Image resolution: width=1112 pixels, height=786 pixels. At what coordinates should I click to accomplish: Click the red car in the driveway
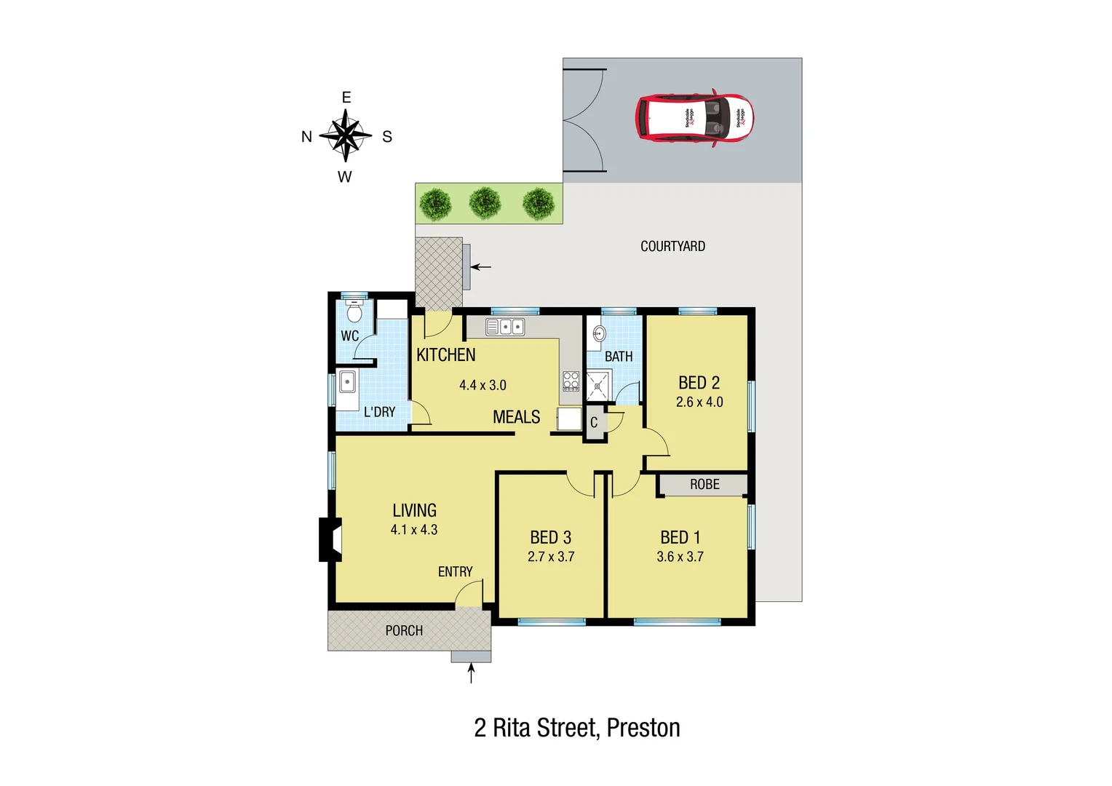click(x=694, y=118)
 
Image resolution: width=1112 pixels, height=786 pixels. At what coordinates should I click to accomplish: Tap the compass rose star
click(x=346, y=135)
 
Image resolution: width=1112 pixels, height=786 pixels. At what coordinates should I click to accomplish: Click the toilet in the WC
click(x=354, y=312)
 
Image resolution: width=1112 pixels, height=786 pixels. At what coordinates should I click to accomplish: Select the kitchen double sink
click(x=505, y=327)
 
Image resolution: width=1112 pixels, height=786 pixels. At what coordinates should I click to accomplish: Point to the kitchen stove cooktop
click(x=571, y=381)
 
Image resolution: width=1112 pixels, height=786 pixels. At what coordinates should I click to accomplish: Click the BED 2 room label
click(x=699, y=383)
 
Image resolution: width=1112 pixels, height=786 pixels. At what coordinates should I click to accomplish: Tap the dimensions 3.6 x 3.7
click(x=680, y=557)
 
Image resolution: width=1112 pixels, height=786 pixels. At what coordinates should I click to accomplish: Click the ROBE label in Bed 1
click(x=704, y=485)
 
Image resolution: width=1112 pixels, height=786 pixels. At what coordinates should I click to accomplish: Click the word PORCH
click(x=404, y=631)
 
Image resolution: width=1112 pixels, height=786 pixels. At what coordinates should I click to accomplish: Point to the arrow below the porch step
click(x=471, y=673)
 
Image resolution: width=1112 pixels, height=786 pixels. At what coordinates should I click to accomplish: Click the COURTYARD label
click(x=672, y=247)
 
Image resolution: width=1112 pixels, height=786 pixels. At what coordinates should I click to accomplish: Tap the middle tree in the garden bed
click(x=485, y=203)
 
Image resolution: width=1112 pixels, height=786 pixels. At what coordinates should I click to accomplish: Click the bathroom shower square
click(x=599, y=386)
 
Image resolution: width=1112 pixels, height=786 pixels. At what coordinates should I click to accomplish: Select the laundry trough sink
click(x=347, y=381)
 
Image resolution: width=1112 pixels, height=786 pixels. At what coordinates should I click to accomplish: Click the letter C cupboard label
click(x=594, y=422)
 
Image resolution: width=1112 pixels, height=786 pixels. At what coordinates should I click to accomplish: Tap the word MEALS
click(x=516, y=417)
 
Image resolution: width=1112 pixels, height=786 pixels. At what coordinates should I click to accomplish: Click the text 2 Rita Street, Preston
click(x=577, y=728)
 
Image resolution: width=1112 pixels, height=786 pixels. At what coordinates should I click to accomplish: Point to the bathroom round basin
click(x=599, y=334)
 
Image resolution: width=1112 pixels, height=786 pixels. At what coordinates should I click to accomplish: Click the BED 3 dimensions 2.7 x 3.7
click(x=551, y=557)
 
